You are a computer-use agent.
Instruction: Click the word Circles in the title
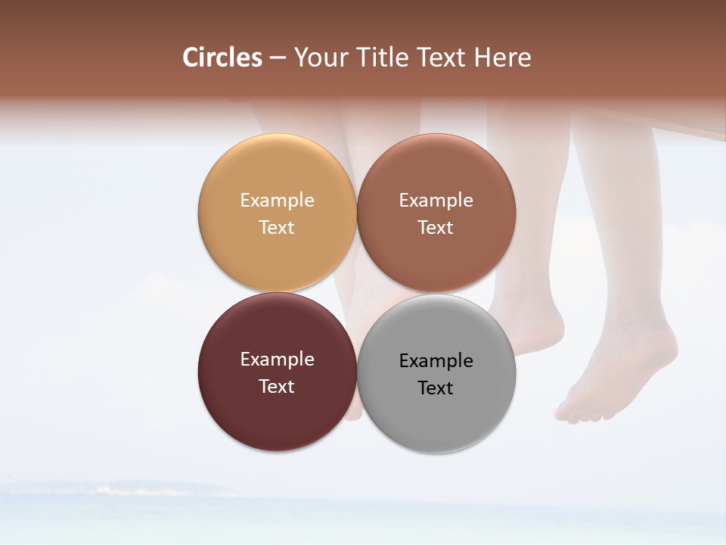click(x=222, y=58)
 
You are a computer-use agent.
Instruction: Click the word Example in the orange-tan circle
click(x=277, y=201)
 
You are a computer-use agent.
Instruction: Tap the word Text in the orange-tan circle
click(x=277, y=227)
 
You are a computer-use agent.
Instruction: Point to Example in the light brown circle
click(x=436, y=201)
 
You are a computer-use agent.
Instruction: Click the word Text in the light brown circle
click(x=436, y=227)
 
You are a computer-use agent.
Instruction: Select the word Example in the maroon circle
click(x=277, y=360)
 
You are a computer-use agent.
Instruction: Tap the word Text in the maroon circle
click(x=277, y=386)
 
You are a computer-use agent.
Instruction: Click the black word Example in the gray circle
click(x=436, y=361)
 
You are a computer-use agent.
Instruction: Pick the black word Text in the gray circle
click(x=436, y=388)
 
